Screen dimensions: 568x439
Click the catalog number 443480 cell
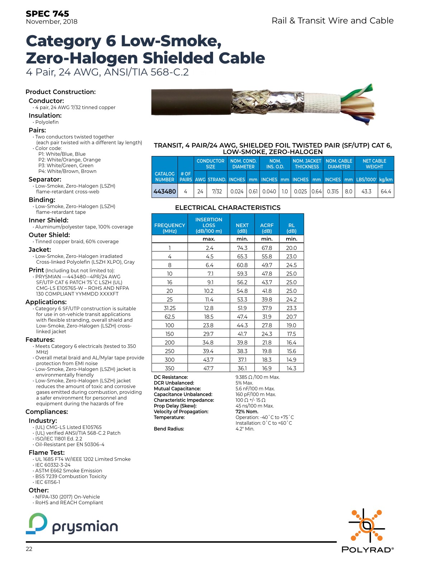click(165, 191)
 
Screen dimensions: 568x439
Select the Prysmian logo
click(72, 524)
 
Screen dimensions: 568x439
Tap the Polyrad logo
click(367, 530)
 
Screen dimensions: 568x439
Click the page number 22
click(29, 549)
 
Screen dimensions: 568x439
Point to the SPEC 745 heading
click(47, 14)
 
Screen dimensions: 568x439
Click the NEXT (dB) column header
click(242, 228)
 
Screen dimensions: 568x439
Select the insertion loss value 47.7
click(208, 368)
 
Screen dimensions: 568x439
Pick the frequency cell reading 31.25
click(170, 308)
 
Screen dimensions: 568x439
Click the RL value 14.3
click(291, 368)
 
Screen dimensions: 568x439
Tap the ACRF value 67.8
click(267, 248)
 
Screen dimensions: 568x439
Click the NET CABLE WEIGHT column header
click(374, 164)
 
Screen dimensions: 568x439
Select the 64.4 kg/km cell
click(386, 191)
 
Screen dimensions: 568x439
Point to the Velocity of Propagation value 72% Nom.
click(247, 412)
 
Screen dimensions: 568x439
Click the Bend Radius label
click(169, 429)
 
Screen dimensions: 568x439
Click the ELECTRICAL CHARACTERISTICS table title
click(228, 208)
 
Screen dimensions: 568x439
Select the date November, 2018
click(52, 22)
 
